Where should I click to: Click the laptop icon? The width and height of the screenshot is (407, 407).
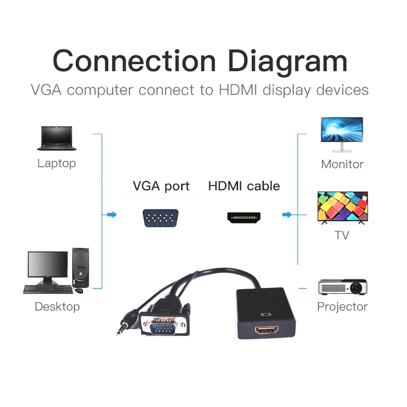click(56, 138)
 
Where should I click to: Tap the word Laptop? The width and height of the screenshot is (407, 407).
click(56, 163)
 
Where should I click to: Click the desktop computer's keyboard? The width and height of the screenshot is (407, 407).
click(48, 289)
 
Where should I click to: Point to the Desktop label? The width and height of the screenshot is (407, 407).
click(57, 307)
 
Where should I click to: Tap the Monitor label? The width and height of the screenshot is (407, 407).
click(342, 164)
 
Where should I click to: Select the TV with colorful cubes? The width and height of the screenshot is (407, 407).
click(342, 207)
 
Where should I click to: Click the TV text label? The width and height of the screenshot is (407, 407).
click(342, 236)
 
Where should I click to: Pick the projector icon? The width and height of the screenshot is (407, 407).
click(342, 286)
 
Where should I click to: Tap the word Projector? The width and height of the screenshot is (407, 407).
click(342, 307)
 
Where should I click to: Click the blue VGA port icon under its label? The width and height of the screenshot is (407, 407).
click(160, 218)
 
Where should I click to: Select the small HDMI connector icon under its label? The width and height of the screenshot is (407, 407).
click(244, 218)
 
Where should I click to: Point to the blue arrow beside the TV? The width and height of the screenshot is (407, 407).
click(287, 215)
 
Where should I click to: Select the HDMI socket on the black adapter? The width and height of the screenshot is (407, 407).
click(267, 331)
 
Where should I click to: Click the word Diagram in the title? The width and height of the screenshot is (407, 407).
click(288, 61)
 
